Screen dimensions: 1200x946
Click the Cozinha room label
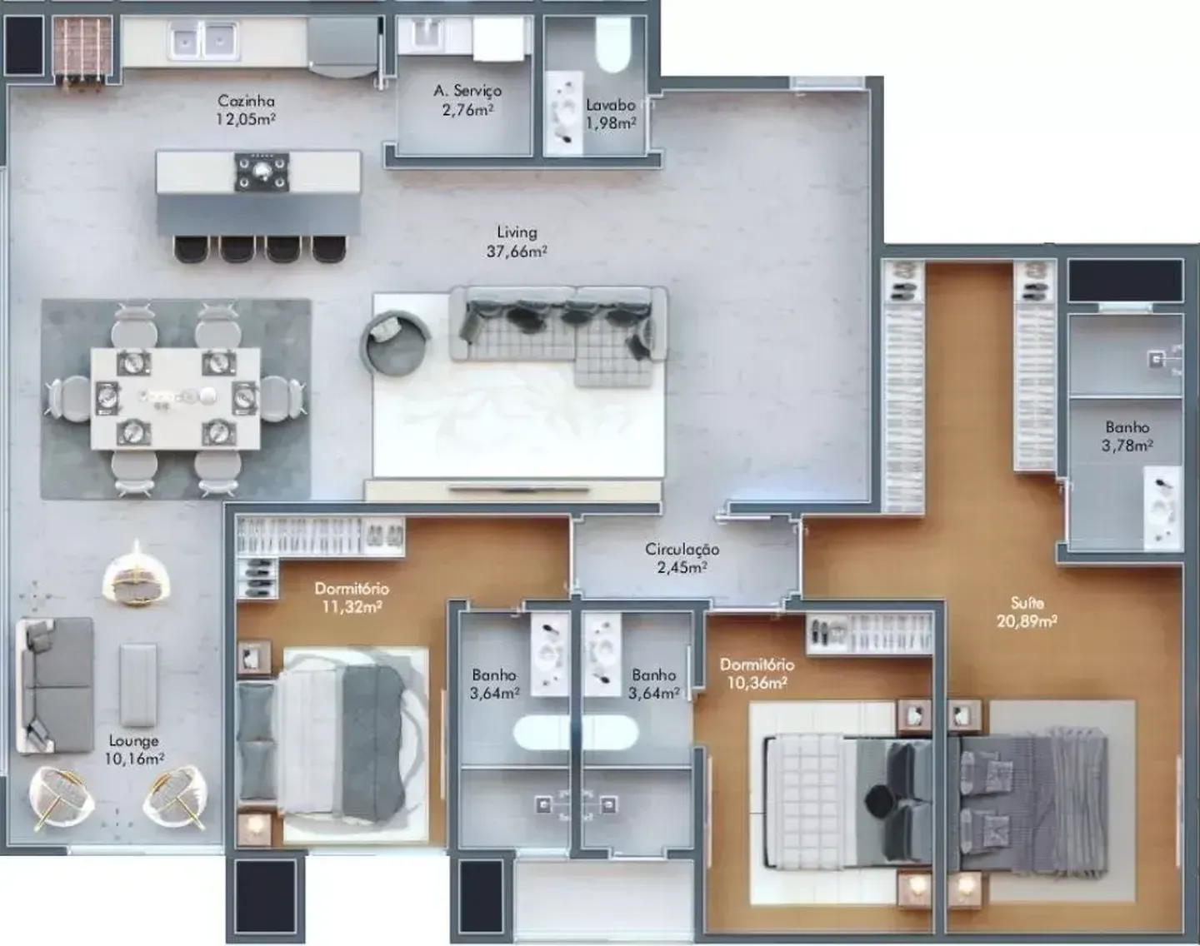[246, 101]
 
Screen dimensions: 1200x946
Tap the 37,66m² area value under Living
[517, 251]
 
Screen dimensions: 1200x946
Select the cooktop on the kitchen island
[262, 172]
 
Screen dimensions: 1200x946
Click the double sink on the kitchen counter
[204, 41]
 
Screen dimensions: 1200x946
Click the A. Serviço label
[467, 90]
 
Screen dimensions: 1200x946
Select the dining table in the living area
[175, 398]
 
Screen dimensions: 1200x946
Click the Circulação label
[682, 549]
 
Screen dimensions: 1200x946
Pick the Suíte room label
[1027, 603]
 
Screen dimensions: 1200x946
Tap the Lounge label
[133, 741]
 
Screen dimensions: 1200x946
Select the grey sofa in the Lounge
[55, 685]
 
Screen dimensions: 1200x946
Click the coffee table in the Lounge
[137, 685]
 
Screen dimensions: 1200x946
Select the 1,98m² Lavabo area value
[611, 123]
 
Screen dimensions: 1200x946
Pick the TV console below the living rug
[513, 490]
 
